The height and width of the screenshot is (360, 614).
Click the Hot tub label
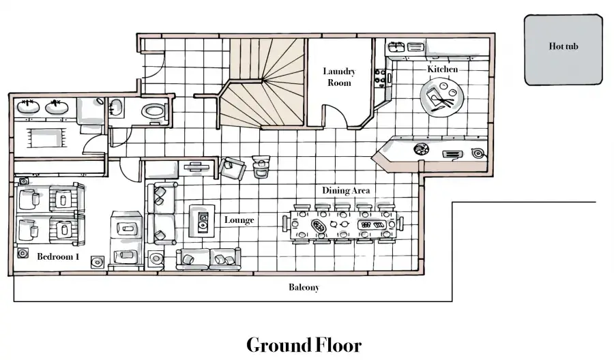click(x=563, y=46)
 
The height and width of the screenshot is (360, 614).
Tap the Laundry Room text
click(x=339, y=76)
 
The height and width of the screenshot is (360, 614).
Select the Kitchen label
click(x=443, y=69)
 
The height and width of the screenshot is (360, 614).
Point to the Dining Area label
click(x=346, y=190)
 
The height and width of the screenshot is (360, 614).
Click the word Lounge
click(x=239, y=220)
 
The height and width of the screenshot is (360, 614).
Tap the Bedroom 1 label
click(x=59, y=256)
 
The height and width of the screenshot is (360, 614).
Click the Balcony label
click(x=304, y=287)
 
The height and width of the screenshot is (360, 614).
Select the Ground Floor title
click(x=304, y=345)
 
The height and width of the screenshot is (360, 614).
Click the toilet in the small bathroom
click(x=154, y=111)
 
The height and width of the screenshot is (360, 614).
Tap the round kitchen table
click(x=441, y=97)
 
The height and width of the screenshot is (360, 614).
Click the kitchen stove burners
click(x=380, y=76)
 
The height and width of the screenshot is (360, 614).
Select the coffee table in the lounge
click(x=202, y=221)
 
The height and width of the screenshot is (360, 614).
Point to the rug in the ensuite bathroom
click(x=46, y=137)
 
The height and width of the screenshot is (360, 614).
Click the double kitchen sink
click(x=406, y=47)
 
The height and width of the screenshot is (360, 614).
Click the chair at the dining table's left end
click(x=285, y=224)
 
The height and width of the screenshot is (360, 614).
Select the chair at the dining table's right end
click(x=400, y=224)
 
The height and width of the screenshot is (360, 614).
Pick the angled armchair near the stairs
click(x=232, y=168)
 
